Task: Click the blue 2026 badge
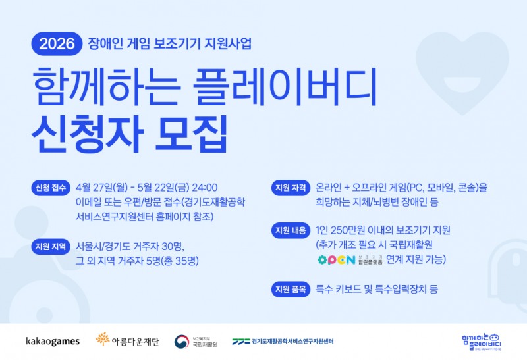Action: pyautogui.click(x=57, y=45)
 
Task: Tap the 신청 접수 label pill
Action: pyautogui.click(x=49, y=188)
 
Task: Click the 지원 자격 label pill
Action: pyautogui.click(x=289, y=188)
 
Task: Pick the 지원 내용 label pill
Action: pyautogui.click(x=289, y=230)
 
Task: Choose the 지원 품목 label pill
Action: pyautogui.click(x=289, y=289)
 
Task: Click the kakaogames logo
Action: pyautogui.click(x=53, y=341)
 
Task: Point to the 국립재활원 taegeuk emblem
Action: pyautogui.click(x=182, y=341)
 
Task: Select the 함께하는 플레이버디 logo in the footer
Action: pyautogui.click(x=482, y=340)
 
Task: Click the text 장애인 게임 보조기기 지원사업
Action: pyautogui.click(x=169, y=45)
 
